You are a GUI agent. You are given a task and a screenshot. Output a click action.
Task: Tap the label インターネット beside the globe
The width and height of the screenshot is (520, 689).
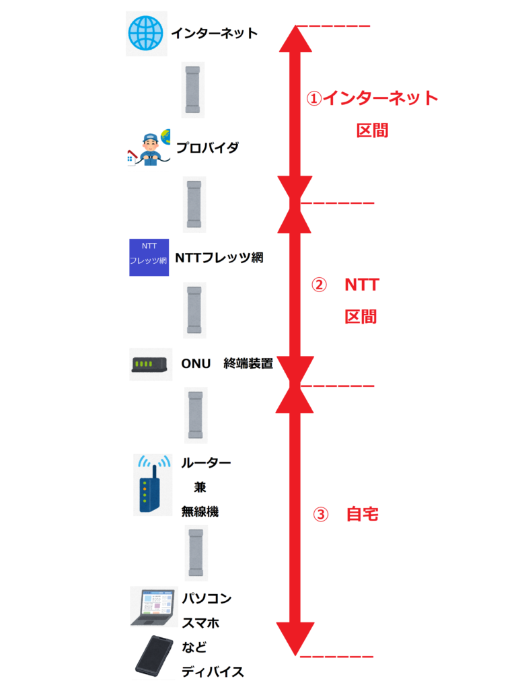(x=214, y=33)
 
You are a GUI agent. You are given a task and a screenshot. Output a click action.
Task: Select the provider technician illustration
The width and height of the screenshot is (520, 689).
(x=149, y=148)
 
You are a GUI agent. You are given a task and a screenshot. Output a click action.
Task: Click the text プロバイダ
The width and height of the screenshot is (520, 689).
(x=207, y=147)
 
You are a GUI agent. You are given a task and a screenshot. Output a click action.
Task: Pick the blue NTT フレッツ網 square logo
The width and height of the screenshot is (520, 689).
(x=148, y=257)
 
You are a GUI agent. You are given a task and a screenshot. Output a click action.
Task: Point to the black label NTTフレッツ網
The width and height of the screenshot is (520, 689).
(x=219, y=257)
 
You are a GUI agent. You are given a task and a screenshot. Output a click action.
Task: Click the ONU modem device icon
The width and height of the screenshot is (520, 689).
(x=150, y=364)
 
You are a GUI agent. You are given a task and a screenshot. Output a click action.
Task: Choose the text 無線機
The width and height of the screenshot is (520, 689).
(x=200, y=511)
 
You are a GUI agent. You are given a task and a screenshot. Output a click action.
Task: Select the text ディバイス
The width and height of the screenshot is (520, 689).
(x=212, y=672)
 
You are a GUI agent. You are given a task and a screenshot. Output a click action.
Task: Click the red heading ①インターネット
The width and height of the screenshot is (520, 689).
(x=372, y=98)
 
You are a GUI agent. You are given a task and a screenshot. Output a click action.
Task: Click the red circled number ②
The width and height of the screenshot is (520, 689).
(x=318, y=285)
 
